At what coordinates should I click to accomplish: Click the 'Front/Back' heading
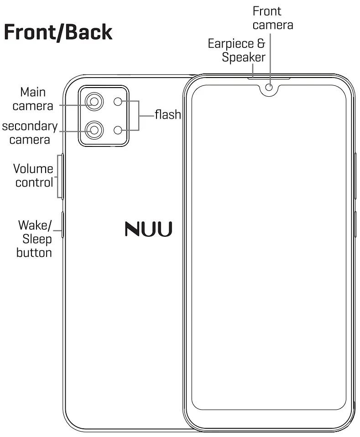(58, 33)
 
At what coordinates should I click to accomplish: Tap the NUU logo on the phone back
(149, 229)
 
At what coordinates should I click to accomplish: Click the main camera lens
(94, 102)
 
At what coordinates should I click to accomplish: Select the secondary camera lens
(94, 130)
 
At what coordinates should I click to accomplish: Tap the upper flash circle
(118, 102)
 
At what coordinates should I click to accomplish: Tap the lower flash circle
(118, 130)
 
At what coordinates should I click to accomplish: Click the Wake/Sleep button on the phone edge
(62, 225)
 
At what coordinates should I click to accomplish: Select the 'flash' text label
(167, 114)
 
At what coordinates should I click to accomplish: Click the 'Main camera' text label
(33, 99)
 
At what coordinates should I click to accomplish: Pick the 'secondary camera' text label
(30, 132)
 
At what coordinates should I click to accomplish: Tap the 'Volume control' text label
(33, 176)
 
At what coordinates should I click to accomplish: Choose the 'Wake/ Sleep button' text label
(35, 239)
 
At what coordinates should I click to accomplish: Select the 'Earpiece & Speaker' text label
(237, 50)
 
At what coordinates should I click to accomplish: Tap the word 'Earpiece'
(230, 44)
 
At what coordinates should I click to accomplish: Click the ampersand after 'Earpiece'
(261, 44)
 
